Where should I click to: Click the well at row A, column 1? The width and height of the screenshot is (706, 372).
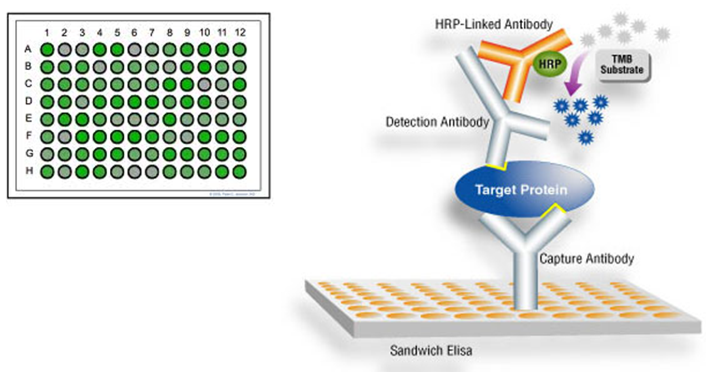point(47,50)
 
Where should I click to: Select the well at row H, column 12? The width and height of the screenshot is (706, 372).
point(239,172)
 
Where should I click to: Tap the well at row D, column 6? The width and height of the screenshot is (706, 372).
point(135,102)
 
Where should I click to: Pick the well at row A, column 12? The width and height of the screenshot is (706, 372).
point(239,50)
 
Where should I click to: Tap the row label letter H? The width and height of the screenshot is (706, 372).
point(28,172)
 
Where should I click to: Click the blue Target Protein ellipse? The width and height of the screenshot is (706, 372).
point(523,190)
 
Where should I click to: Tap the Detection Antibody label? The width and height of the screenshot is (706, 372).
point(437,122)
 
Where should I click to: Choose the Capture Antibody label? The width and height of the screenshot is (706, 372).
point(586,258)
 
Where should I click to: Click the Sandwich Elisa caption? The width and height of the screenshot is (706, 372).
point(431,351)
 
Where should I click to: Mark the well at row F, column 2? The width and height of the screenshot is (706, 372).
point(65,137)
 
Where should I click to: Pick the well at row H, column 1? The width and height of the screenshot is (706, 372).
point(47,172)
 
